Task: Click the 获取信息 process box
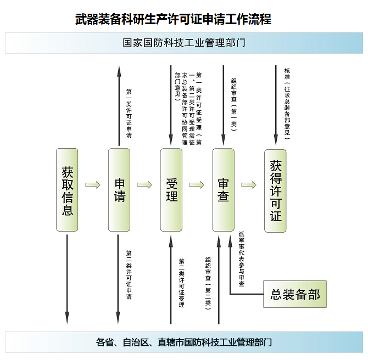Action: click(67, 190)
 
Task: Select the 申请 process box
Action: click(119, 190)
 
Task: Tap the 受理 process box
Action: click(171, 190)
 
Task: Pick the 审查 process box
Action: click(223, 190)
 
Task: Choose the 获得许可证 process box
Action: click(275, 191)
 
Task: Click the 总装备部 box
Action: click(295, 294)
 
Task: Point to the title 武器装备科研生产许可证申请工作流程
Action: click(173, 19)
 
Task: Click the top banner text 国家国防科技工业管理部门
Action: click(184, 43)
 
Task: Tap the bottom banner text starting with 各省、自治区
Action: click(184, 342)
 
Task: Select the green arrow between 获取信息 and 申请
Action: click(93, 185)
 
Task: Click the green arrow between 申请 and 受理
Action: click(144, 185)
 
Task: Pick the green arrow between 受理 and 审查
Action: click(197, 185)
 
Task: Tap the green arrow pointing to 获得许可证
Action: click(249, 185)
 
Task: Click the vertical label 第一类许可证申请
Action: click(129, 113)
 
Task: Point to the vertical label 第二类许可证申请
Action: click(129, 275)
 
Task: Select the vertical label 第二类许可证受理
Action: click(182, 283)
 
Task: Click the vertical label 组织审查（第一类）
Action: click(234, 105)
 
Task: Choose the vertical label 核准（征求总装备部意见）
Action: click(287, 104)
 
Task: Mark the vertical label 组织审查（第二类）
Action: click(208, 284)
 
